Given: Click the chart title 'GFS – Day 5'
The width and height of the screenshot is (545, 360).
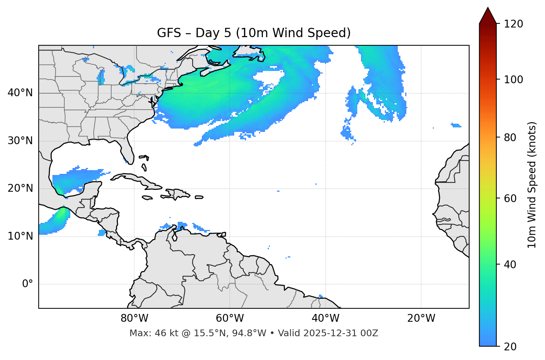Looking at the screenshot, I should pos(254,33).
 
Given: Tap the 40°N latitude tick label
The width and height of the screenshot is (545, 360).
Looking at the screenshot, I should pos(20,93).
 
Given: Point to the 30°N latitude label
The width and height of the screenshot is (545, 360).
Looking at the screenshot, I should pos(20,141).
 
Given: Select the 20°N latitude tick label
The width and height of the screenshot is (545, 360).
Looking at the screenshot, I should pos(20,188).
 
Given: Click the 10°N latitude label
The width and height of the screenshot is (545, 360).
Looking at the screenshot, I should pos(20,236).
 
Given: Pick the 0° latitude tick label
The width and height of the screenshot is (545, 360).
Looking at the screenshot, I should pos(28,284).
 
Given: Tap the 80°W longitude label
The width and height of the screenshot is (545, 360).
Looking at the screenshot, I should pos(134,318).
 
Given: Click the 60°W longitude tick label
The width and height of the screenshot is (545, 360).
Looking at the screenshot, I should pos(230,318).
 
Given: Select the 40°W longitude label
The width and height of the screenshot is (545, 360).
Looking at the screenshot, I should pos(325,318).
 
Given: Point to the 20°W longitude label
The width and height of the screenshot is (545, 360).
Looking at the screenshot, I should pos(421,318).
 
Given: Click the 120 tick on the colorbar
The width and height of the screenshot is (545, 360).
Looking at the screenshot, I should pos(513,24).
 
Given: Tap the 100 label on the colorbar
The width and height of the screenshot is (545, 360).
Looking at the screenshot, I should pos(513,80).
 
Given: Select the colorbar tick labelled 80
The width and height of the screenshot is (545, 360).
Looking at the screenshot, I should pos(510,137).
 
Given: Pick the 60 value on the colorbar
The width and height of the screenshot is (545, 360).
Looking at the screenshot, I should pos(510,198).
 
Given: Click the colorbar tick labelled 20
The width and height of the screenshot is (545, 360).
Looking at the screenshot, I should pos(510,347).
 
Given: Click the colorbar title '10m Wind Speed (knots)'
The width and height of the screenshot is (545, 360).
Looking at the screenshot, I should pos(532,185).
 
